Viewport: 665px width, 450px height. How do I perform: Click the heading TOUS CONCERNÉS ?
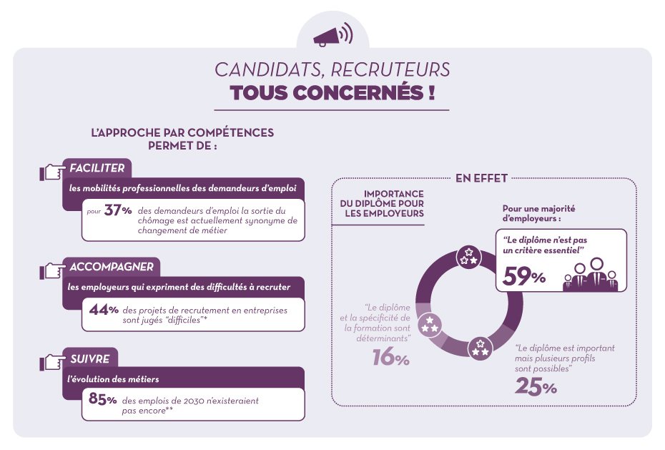pyautogui.click(x=332, y=94)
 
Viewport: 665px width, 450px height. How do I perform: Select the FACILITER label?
pyautogui.click(x=97, y=168)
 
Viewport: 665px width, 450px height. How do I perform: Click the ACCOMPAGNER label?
pyautogui.click(x=112, y=267)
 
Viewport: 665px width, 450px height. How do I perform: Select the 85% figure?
pyautogui.click(x=103, y=400)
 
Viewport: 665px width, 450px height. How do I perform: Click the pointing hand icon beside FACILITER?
pyautogui.click(x=51, y=172)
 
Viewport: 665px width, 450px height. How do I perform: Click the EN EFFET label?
pyautogui.click(x=481, y=178)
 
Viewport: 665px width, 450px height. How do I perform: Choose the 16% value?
pyautogui.click(x=390, y=357)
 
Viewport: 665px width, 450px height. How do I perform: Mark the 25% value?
pyautogui.click(x=536, y=387)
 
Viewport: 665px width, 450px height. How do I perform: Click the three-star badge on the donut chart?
pyautogui.click(x=468, y=256)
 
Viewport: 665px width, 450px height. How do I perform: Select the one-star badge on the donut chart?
pyautogui.click(x=430, y=324)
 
